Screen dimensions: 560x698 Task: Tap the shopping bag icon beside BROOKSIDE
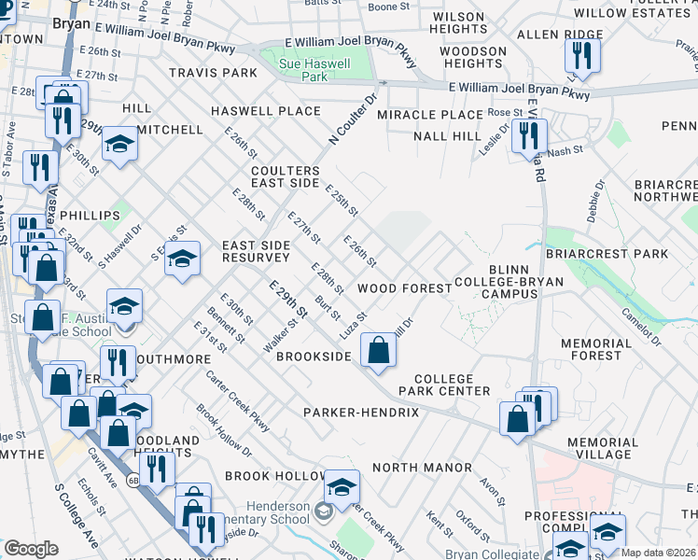378,351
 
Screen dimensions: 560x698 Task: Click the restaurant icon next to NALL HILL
529,136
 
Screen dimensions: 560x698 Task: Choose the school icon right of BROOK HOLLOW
342,487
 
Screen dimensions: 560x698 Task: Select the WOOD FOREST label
405,288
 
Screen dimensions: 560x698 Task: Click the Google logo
31,549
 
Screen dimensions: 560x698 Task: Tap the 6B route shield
134,480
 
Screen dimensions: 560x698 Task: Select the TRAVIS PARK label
213,72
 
